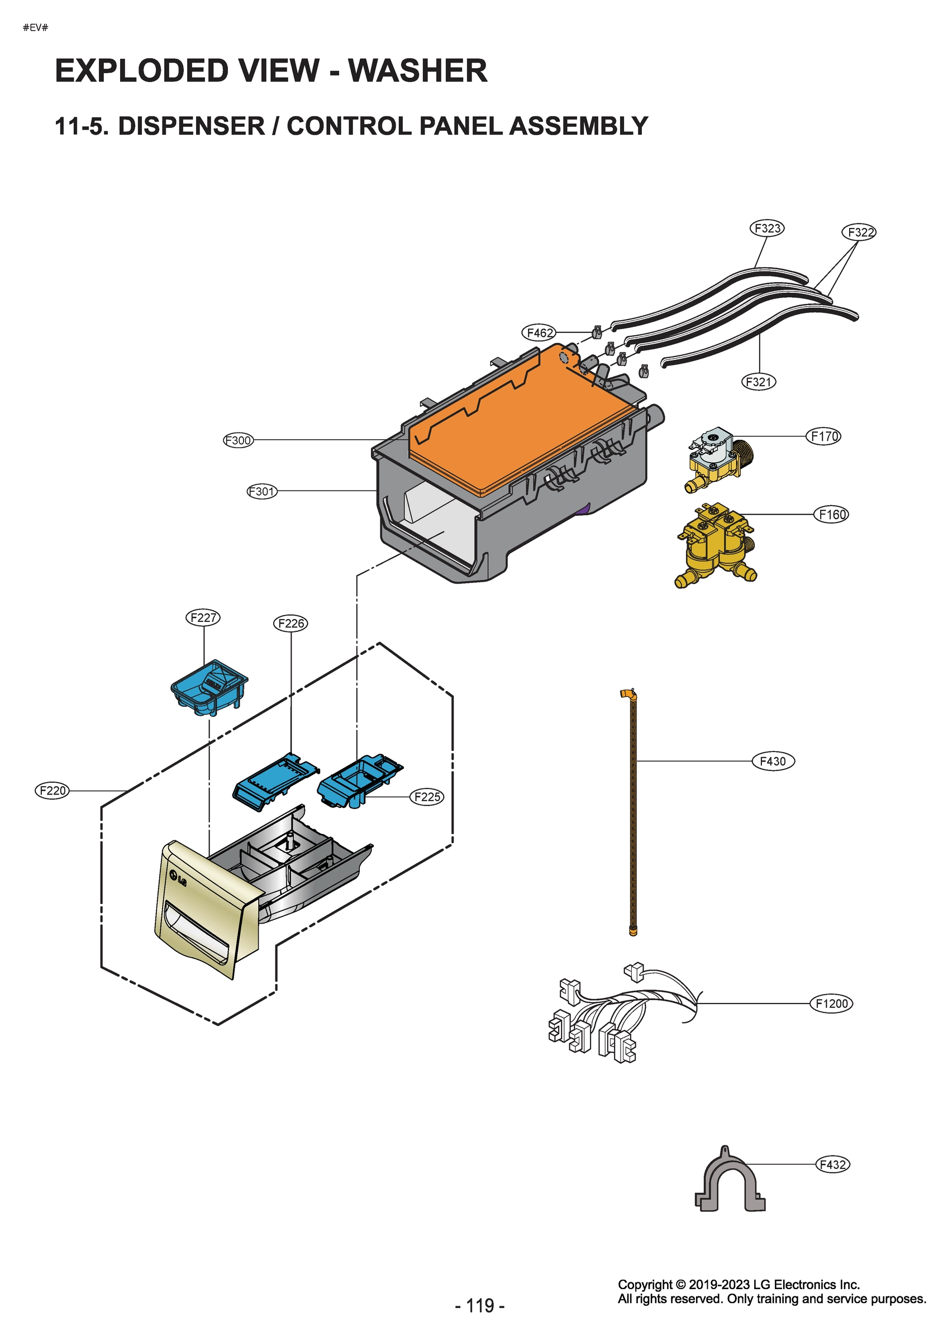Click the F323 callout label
[766, 228]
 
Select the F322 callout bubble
[859, 232]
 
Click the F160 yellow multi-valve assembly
[717, 544]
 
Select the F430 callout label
[772, 761]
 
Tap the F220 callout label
[52, 791]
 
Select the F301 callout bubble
[261, 491]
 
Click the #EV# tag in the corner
[35, 27]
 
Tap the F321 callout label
[758, 382]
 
